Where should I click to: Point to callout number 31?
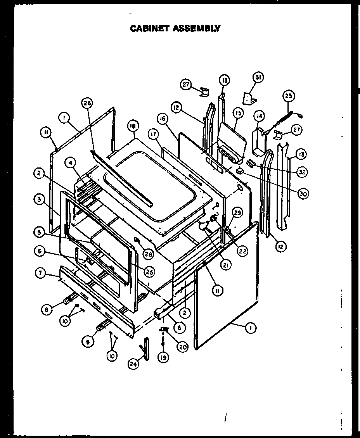coord(258,78)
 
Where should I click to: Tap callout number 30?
coord(303,194)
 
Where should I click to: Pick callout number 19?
coord(163,357)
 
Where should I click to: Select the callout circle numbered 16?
coord(163,118)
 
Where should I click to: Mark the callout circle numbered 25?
coord(149,272)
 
